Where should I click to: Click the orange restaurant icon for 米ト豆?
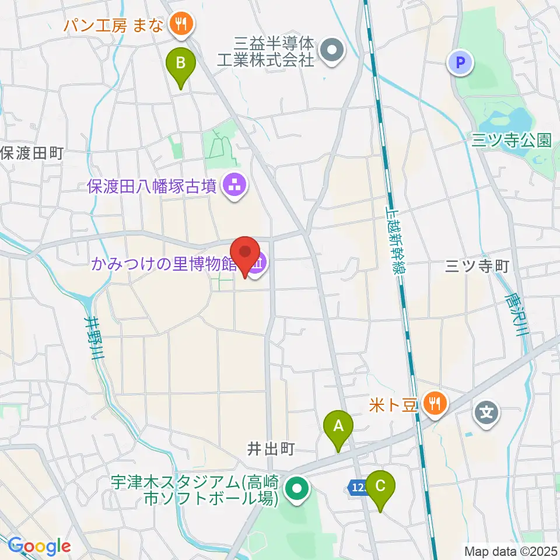[435, 402]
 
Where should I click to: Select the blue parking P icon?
[460, 62]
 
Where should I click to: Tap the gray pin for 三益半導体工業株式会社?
[332, 51]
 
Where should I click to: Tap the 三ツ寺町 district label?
[477, 267]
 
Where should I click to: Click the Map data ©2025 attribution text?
[511, 551]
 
